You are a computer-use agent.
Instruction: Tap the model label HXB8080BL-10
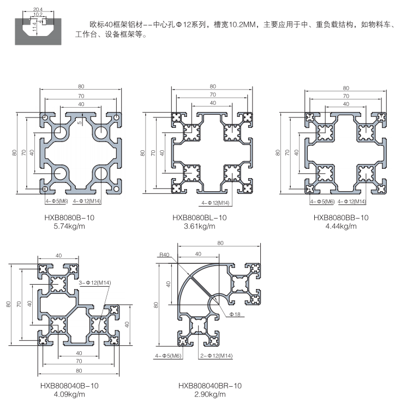pyautogui.click(x=199, y=217)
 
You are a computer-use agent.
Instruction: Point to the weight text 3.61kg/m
pyautogui.click(x=199, y=226)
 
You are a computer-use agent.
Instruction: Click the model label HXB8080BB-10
pyautogui.click(x=341, y=217)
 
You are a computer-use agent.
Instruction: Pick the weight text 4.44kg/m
pyautogui.click(x=341, y=226)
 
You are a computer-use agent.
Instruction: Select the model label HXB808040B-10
pyautogui.click(x=69, y=385)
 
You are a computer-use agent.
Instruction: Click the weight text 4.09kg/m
pyautogui.click(x=69, y=394)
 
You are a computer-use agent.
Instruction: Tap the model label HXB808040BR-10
pyautogui.click(x=210, y=385)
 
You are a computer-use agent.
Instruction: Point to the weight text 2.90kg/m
pyautogui.click(x=210, y=394)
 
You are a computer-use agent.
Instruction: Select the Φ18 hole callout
pyautogui.click(x=235, y=314)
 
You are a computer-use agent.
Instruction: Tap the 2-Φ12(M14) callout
pyautogui.click(x=217, y=356)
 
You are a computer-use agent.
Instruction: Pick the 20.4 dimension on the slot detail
pyautogui.click(x=37, y=10)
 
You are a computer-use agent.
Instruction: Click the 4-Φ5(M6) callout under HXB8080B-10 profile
pyautogui.click(x=56, y=202)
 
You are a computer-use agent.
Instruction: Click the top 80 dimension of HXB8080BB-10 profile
pyautogui.click(x=345, y=89)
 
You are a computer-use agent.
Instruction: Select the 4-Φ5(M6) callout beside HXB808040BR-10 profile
pyautogui.click(x=168, y=356)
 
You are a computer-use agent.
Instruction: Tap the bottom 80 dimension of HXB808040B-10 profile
pyautogui.click(x=80, y=370)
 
